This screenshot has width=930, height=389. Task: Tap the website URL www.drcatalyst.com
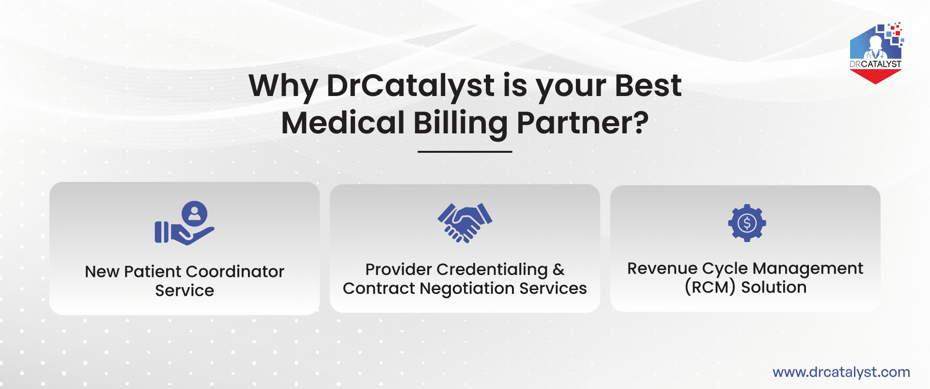point(841,372)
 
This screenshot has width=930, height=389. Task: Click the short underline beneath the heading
point(465,152)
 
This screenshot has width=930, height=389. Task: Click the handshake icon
point(465,223)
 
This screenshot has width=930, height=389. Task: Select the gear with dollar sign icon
point(747,223)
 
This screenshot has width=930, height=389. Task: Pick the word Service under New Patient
point(185,291)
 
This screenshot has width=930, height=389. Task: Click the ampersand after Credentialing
point(558,269)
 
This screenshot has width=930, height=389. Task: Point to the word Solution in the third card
point(774,287)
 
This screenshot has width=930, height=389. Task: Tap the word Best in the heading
point(648,86)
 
